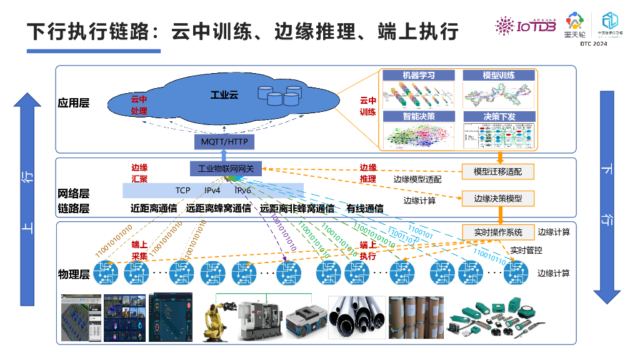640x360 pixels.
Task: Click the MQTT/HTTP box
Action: click(x=224, y=142)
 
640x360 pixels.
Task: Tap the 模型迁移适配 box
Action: click(x=497, y=171)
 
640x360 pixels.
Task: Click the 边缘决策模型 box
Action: click(x=497, y=199)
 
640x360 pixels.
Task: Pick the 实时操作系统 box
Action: click(x=497, y=232)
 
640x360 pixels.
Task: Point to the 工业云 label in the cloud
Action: click(x=224, y=95)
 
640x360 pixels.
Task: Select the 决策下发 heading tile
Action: click(x=499, y=116)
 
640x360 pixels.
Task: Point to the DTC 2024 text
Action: click(x=593, y=44)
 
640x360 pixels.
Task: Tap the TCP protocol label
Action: click(x=182, y=190)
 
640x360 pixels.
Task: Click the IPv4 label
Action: click(x=212, y=190)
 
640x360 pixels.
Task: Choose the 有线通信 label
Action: click(x=365, y=209)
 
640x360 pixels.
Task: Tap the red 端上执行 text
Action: click(x=367, y=251)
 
